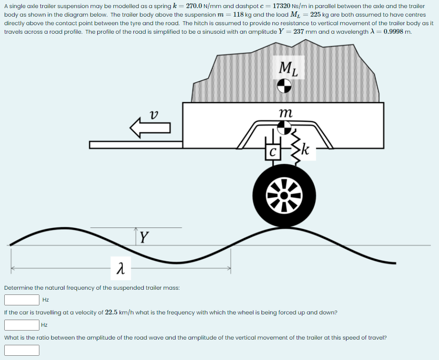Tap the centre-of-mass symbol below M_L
[284, 86]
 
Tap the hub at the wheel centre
[284, 195]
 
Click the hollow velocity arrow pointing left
[150, 127]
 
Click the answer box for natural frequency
[22, 300]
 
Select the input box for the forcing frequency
[22, 325]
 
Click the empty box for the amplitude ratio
[22, 350]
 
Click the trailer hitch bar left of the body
[136, 144]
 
